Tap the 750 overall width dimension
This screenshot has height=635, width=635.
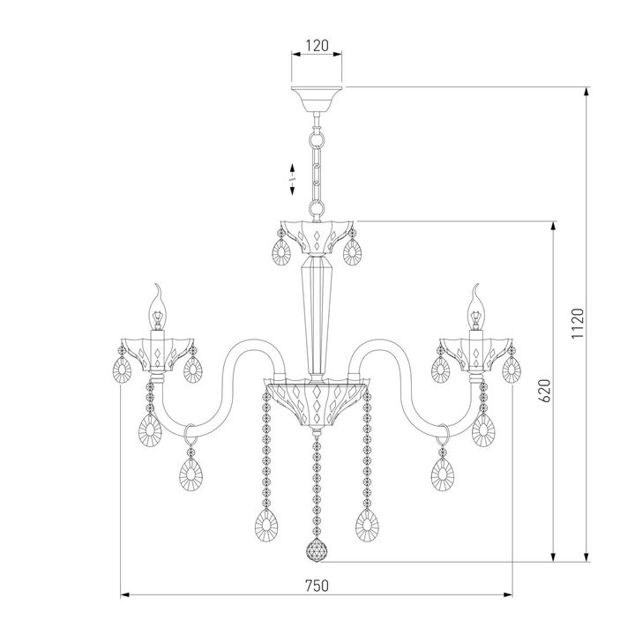[317, 585]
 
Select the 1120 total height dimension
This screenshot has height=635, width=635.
[577, 325]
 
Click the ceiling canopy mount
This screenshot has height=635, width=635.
[317, 96]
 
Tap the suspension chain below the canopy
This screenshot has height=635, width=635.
[316, 168]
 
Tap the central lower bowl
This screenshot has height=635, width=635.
[316, 396]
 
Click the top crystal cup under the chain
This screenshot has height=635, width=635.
[316, 235]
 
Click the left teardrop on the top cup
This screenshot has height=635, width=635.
[281, 254]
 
